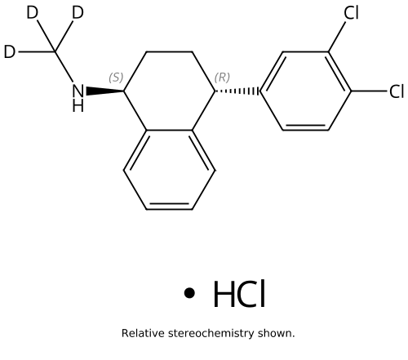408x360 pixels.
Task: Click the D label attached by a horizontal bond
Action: coord(10,51)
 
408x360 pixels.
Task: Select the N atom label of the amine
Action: coord(78,91)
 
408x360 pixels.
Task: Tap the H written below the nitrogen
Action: coord(78,105)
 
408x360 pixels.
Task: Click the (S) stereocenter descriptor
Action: coord(116,78)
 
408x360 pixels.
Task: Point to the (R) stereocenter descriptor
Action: coord(222,78)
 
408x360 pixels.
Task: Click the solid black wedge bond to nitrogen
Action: coord(105,91)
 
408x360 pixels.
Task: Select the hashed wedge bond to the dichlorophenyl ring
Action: coord(237,91)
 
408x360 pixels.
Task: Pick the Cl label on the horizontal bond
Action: coord(397,91)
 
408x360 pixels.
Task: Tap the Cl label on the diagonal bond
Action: coord(351,13)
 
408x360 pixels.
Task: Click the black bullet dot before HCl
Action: coord(189,293)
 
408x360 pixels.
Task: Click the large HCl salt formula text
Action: coord(239,294)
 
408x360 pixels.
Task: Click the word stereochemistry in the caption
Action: coord(211,334)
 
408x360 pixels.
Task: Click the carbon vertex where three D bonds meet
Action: coord(55,51)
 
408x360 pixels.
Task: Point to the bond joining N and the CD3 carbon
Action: coord(64,67)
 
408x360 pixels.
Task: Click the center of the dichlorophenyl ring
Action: coord(305,91)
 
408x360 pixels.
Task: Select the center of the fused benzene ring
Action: coord(170,170)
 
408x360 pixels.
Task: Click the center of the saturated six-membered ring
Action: coord(170,91)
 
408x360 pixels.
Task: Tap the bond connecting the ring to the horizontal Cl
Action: coord(369,91)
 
